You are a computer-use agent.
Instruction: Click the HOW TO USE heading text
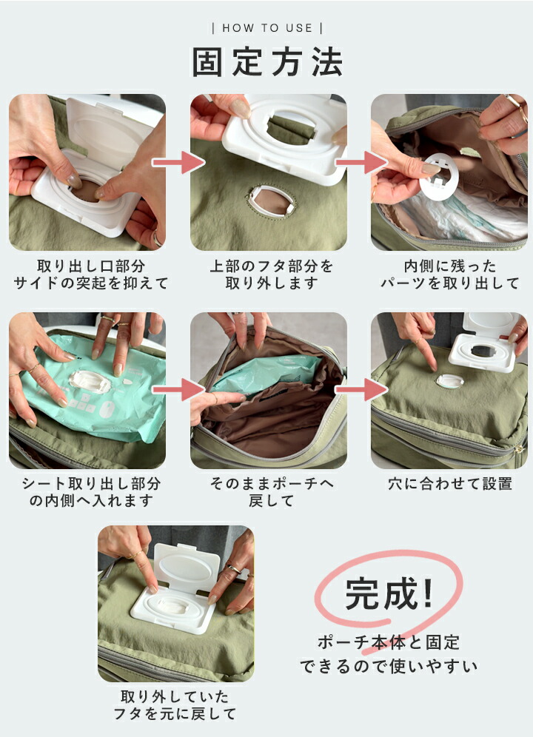tap(267, 28)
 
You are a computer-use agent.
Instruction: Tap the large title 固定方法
tap(267, 61)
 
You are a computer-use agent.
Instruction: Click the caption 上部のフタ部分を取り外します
tap(272, 275)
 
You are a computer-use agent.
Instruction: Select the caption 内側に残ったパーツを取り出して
tap(450, 275)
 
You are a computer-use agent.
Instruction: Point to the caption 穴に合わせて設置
tap(450, 484)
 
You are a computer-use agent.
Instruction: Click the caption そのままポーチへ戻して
tap(272, 491)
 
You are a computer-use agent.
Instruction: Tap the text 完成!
tap(389, 593)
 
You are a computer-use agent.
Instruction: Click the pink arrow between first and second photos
tap(178, 163)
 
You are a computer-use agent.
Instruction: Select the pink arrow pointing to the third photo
tap(361, 163)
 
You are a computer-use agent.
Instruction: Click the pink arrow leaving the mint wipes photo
tap(178, 390)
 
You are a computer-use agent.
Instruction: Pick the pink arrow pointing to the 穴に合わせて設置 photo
tap(361, 390)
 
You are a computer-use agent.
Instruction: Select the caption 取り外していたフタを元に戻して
tap(175, 705)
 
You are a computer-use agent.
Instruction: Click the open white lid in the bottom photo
tap(187, 569)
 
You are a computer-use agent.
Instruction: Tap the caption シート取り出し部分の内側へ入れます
tap(91, 491)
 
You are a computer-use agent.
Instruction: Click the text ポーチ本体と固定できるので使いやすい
tap(389, 654)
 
